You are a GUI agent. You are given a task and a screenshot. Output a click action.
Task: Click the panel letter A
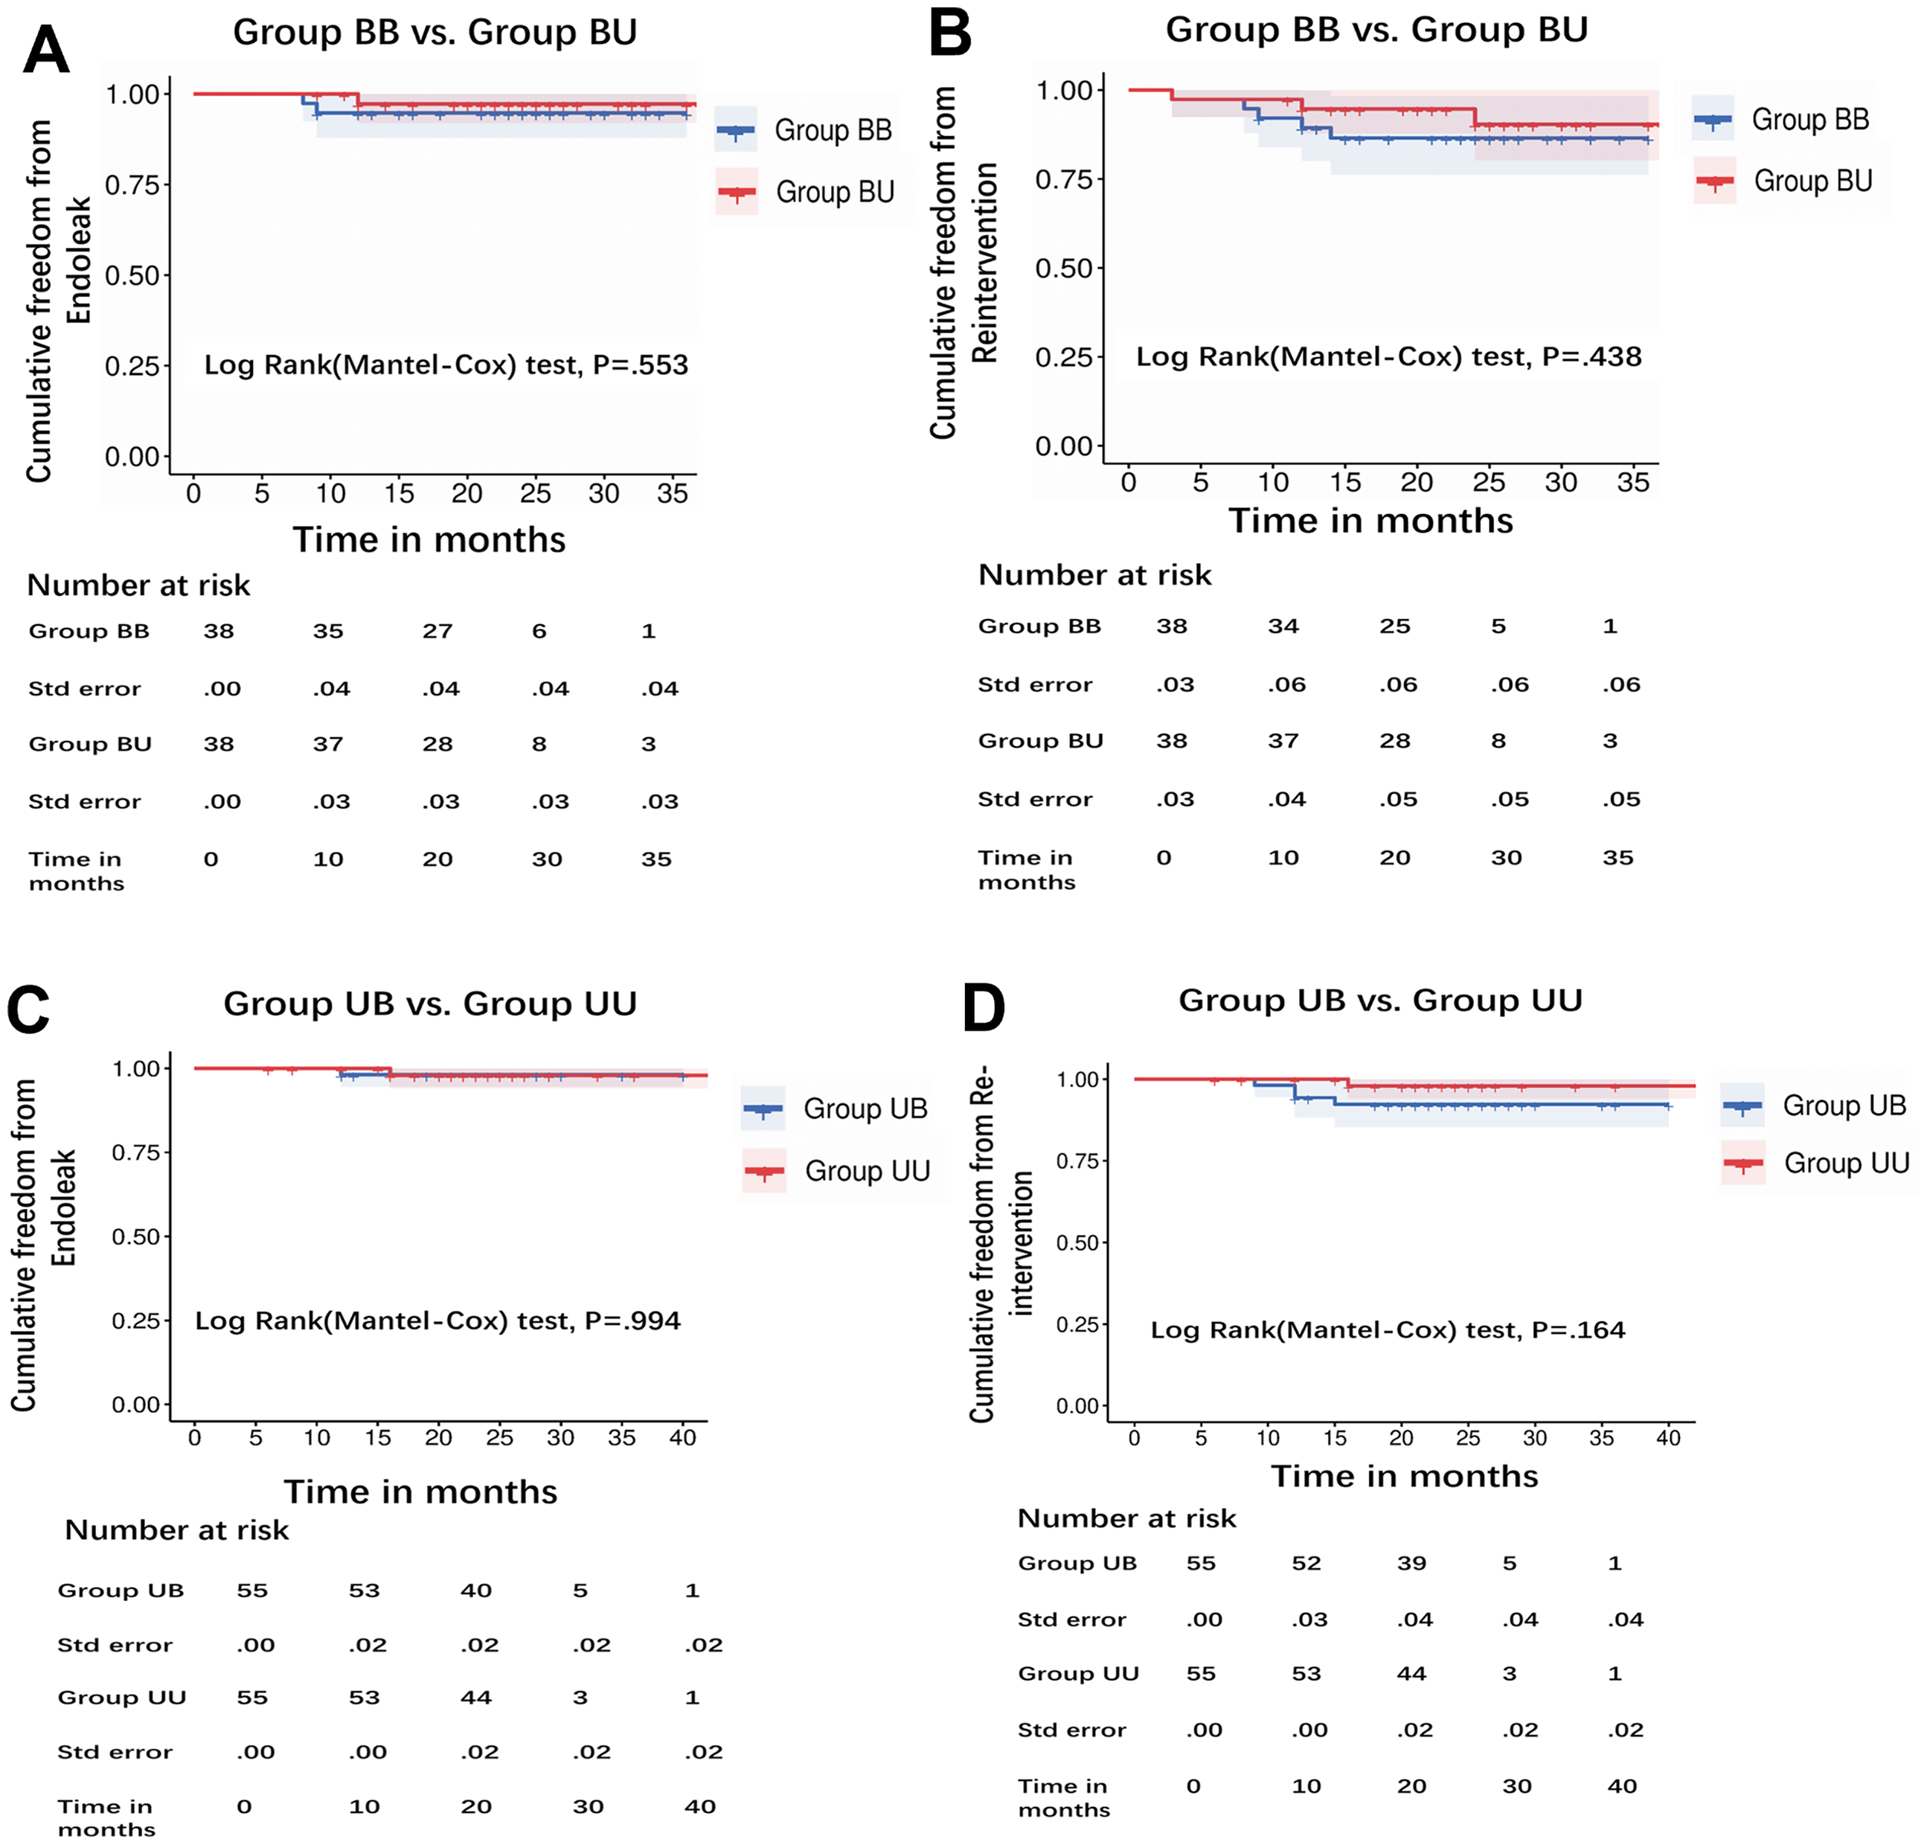coord(46,49)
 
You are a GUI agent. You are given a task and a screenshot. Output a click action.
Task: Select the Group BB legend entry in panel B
coord(1780,120)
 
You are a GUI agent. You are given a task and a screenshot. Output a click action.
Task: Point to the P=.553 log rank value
coord(640,365)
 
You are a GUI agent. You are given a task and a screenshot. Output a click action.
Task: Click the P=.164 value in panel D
coord(1579,1330)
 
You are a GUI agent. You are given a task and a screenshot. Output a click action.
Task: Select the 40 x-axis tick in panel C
coord(682,1437)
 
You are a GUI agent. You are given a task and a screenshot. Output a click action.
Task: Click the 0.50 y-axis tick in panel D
coord(1077,1242)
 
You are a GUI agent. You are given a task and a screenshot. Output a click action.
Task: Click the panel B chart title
coord(1376,30)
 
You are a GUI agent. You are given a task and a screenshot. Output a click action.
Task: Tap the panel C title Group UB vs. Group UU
coord(429,1003)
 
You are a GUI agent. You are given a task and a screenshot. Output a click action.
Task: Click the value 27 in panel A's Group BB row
coord(437,631)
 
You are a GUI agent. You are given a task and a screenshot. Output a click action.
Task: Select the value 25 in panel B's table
coord(1394,626)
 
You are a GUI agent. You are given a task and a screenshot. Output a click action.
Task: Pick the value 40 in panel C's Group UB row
coord(476,1591)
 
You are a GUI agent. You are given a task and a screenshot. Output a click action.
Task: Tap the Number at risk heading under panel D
coord(1126,1518)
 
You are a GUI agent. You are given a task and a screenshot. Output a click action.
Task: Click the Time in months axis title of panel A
coord(429,539)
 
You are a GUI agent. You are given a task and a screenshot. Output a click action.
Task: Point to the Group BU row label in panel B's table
coord(1040,740)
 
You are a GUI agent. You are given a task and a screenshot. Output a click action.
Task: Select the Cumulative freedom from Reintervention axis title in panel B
coord(963,263)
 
